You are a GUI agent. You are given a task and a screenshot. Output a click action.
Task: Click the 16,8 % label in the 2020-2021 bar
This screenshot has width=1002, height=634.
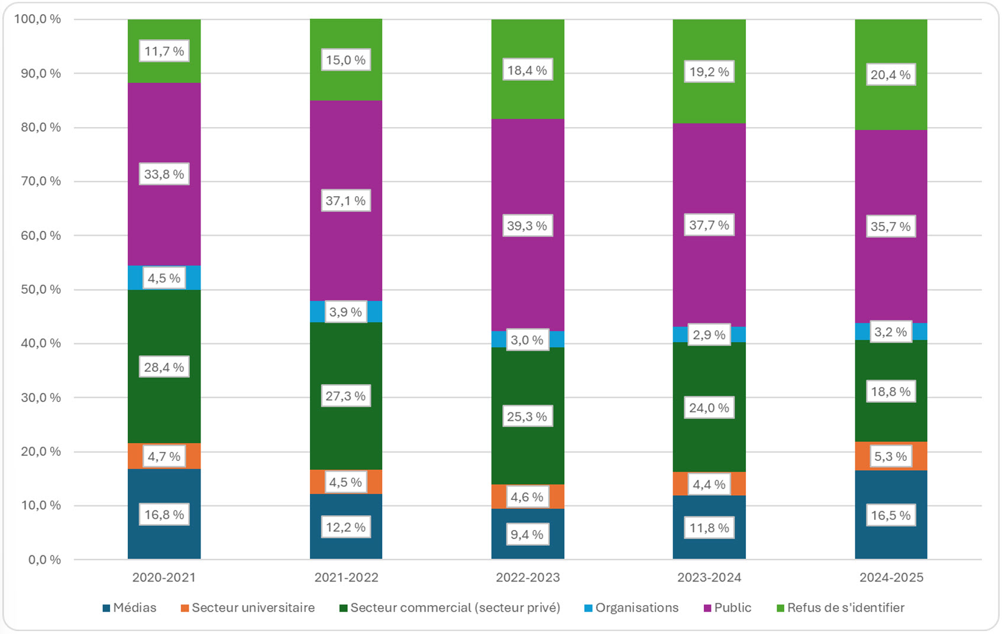pos(164,515)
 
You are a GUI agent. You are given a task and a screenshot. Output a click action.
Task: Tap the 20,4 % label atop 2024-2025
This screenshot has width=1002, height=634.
pos(890,74)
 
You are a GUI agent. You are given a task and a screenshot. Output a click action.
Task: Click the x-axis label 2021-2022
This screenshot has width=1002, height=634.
pos(346,577)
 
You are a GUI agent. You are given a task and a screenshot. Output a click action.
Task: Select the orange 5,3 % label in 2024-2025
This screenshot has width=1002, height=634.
pos(890,456)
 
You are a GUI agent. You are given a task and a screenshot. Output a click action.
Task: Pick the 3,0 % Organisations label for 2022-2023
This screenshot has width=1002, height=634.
pos(527,340)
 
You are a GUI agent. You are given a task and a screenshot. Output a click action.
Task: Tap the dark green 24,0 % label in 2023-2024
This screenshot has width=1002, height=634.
pos(709,408)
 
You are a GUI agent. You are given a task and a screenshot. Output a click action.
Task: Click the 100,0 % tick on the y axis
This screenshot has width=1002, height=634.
pos(37,19)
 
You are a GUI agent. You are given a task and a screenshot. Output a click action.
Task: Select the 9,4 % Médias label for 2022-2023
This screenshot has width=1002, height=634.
pos(527,534)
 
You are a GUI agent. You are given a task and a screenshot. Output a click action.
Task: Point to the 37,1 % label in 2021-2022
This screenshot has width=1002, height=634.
pos(345,201)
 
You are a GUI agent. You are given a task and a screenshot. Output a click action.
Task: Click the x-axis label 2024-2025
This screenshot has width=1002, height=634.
pos(891,577)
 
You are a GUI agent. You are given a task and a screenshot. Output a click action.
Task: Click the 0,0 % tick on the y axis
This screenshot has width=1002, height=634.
pos(44,560)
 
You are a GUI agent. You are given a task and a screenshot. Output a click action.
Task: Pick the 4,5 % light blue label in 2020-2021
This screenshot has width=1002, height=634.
pos(164,278)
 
